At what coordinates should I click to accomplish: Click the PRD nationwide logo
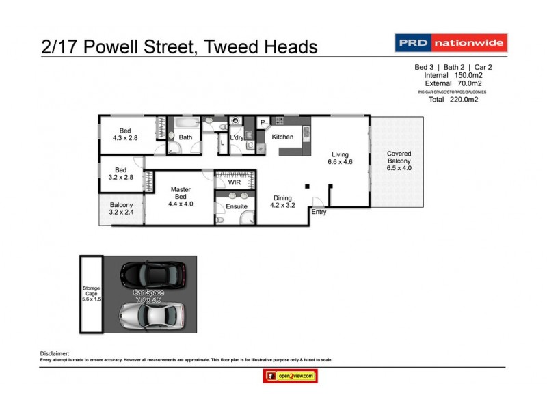pos(452,43)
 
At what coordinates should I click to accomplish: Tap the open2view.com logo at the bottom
pos(289,375)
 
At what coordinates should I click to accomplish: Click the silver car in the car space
pos(151,315)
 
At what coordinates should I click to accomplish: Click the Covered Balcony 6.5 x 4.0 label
pos(399,161)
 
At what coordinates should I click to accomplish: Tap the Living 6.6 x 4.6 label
pos(341,159)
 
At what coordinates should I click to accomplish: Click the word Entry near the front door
pos(319,213)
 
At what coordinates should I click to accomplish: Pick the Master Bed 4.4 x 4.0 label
pos(181,196)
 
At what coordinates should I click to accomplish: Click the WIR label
pos(235,183)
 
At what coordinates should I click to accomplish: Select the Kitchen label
pos(282,137)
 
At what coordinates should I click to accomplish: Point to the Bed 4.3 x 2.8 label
pos(125,134)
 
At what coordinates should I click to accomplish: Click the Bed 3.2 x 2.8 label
pos(120,174)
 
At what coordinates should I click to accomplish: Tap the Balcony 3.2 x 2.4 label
pos(122,209)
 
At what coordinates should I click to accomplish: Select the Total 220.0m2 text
pos(453,100)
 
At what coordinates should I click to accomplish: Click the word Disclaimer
pos(57,353)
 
